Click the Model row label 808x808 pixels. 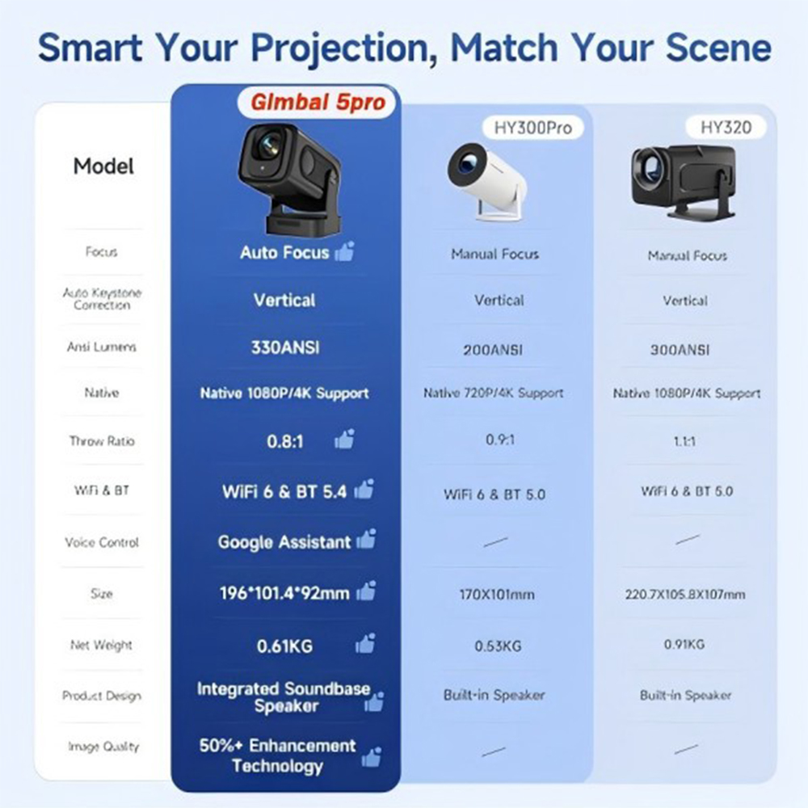click(x=103, y=166)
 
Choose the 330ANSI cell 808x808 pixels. click(x=284, y=347)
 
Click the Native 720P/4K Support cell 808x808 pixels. click(x=494, y=393)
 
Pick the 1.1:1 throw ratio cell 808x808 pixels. click(x=685, y=443)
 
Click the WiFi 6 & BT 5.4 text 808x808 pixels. click(x=284, y=491)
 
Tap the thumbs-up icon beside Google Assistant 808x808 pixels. click(x=366, y=539)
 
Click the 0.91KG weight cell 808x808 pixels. click(x=685, y=644)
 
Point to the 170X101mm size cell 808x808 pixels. click(x=497, y=595)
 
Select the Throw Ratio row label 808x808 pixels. click(x=102, y=442)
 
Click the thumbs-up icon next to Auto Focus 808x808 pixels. click(x=344, y=251)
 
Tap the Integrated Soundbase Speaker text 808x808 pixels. click(x=284, y=697)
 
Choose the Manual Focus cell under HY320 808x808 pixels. click(x=687, y=255)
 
